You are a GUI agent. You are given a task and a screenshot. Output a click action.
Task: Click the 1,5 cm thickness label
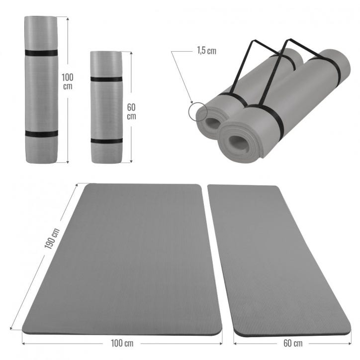click(207, 51)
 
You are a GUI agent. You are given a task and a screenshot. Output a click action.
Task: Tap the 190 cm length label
click(52, 238)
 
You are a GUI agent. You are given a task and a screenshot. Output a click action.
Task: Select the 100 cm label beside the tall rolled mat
click(67, 81)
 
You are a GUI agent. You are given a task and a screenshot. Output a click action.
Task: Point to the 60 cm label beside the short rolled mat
click(131, 112)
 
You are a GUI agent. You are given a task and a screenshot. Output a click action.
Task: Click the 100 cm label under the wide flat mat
click(122, 343)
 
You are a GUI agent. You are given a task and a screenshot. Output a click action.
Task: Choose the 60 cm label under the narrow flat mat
click(293, 343)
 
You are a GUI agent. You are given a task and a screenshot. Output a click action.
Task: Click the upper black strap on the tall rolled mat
click(41, 53)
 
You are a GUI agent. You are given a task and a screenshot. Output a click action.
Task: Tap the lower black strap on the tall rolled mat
click(42, 134)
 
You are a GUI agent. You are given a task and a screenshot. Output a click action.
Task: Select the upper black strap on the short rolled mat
click(106, 79)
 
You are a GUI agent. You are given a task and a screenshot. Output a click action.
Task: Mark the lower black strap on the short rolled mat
click(106, 141)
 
